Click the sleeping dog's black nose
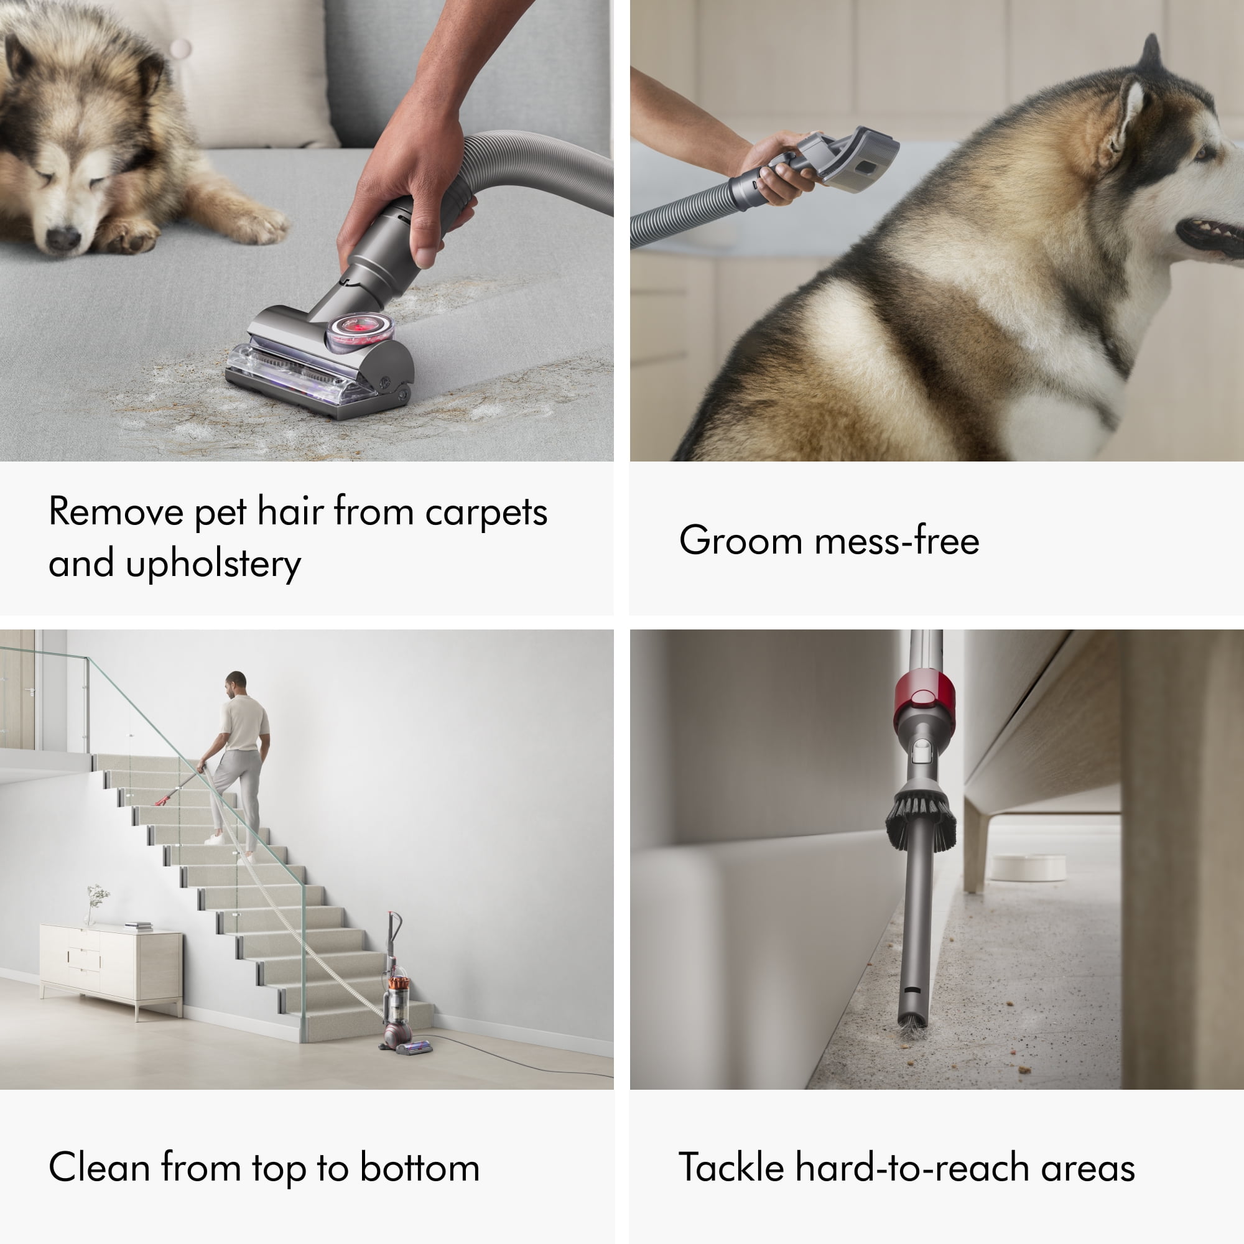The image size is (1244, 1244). pos(63,238)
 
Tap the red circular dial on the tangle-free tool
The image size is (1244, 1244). pos(360,330)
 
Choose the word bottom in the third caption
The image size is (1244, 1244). pos(420,1167)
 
